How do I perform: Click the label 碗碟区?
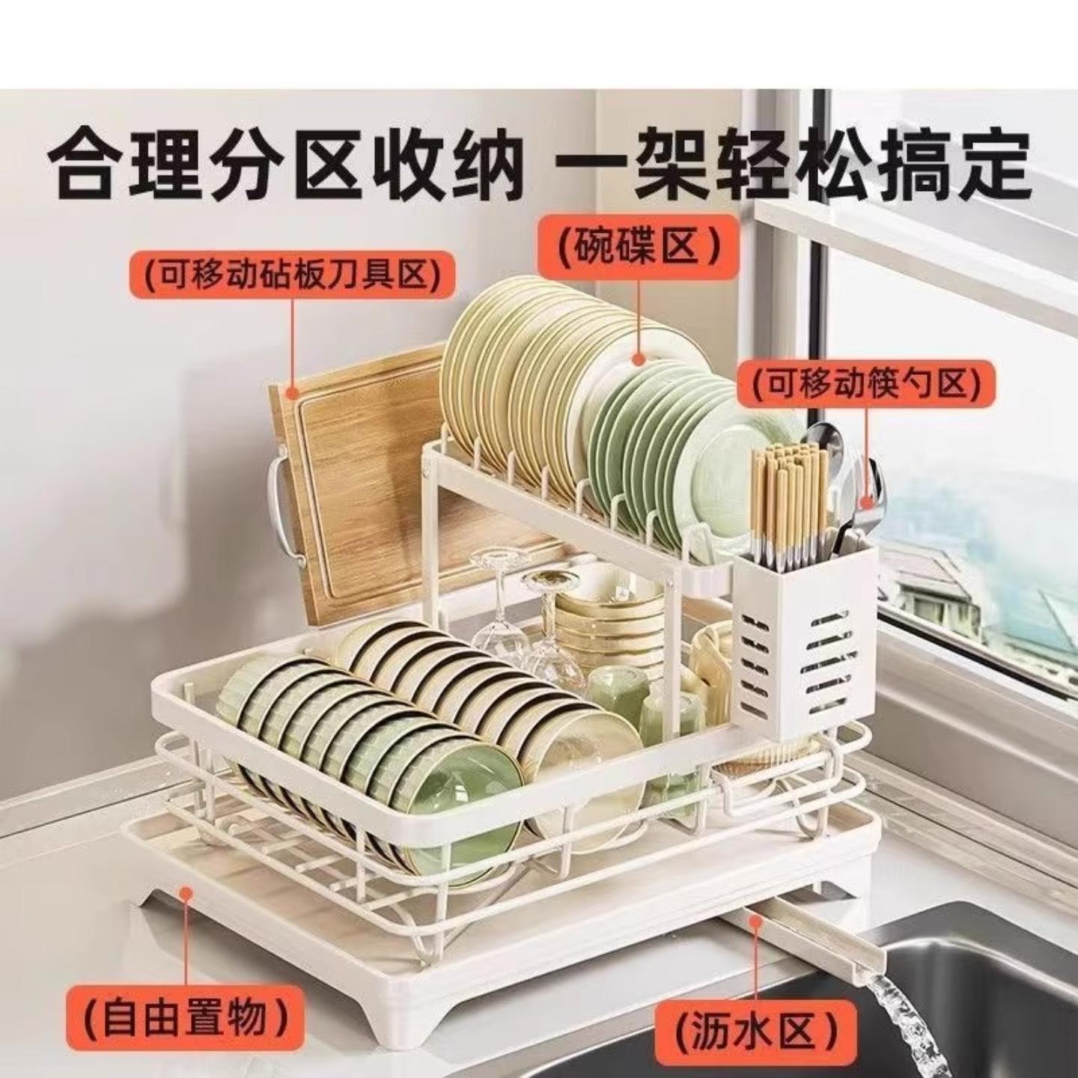pyautogui.click(x=639, y=247)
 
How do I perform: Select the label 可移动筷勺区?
pyautogui.click(x=866, y=385)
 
